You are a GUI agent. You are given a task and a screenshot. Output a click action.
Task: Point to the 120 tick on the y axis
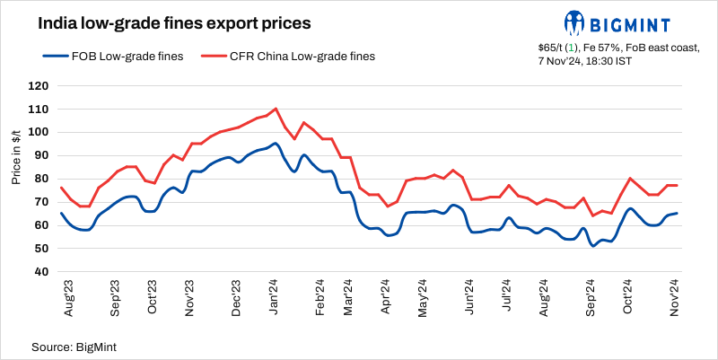(37, 86)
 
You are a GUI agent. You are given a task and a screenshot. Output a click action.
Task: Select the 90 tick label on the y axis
(39, 155)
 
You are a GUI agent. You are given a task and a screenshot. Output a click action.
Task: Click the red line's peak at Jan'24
(275, 109)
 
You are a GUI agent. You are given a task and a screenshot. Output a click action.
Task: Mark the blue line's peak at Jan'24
(275, 144)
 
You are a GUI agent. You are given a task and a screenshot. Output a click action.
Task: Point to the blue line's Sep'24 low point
(592, 245)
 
